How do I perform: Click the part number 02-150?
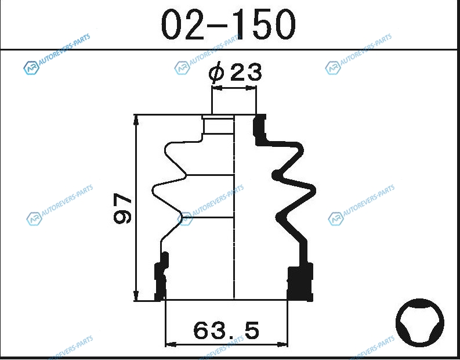tap(228, 24)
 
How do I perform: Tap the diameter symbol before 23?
tap(217, 72)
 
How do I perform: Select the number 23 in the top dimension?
tap(246, 72)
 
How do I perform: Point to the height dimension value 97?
tap(122, 208)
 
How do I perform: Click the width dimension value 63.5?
tap(226, 330)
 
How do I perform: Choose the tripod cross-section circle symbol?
tap(419, 323)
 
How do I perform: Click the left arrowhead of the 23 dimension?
tap(216, 88)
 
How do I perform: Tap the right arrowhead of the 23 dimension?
tap(251, 88)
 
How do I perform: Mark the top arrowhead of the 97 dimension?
tap(136, 120)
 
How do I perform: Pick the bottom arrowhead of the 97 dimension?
tap(136, 296)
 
